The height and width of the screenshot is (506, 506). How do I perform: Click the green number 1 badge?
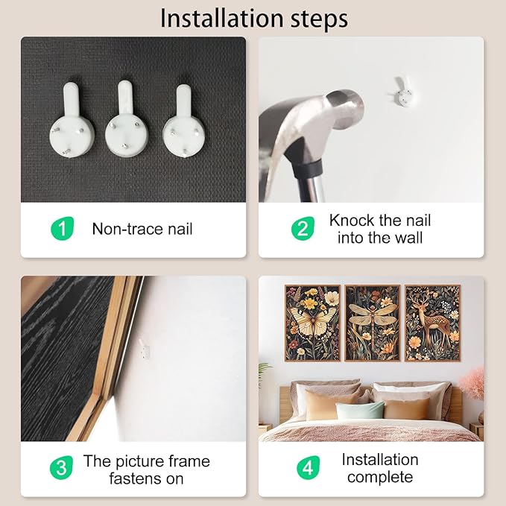(63, 228)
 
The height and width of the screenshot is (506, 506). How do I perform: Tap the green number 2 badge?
(303, 228)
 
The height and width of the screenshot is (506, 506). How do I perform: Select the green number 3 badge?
(61, 467)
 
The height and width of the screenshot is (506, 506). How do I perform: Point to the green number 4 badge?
(309, 467)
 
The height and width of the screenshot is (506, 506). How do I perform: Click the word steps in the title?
(320, 19)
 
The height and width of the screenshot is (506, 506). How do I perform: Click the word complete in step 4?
(380, 477)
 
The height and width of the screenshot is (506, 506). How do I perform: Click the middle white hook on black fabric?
(127, 119)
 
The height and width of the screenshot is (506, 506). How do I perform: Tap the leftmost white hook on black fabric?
(72, 120)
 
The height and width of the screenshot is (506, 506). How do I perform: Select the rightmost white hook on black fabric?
(183, 121)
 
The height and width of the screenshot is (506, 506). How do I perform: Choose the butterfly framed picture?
(312, 323)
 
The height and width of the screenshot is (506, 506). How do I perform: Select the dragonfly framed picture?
(373, 323)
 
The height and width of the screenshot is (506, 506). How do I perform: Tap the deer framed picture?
(432, 323)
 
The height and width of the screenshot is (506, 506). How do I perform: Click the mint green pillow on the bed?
(360, 411)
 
